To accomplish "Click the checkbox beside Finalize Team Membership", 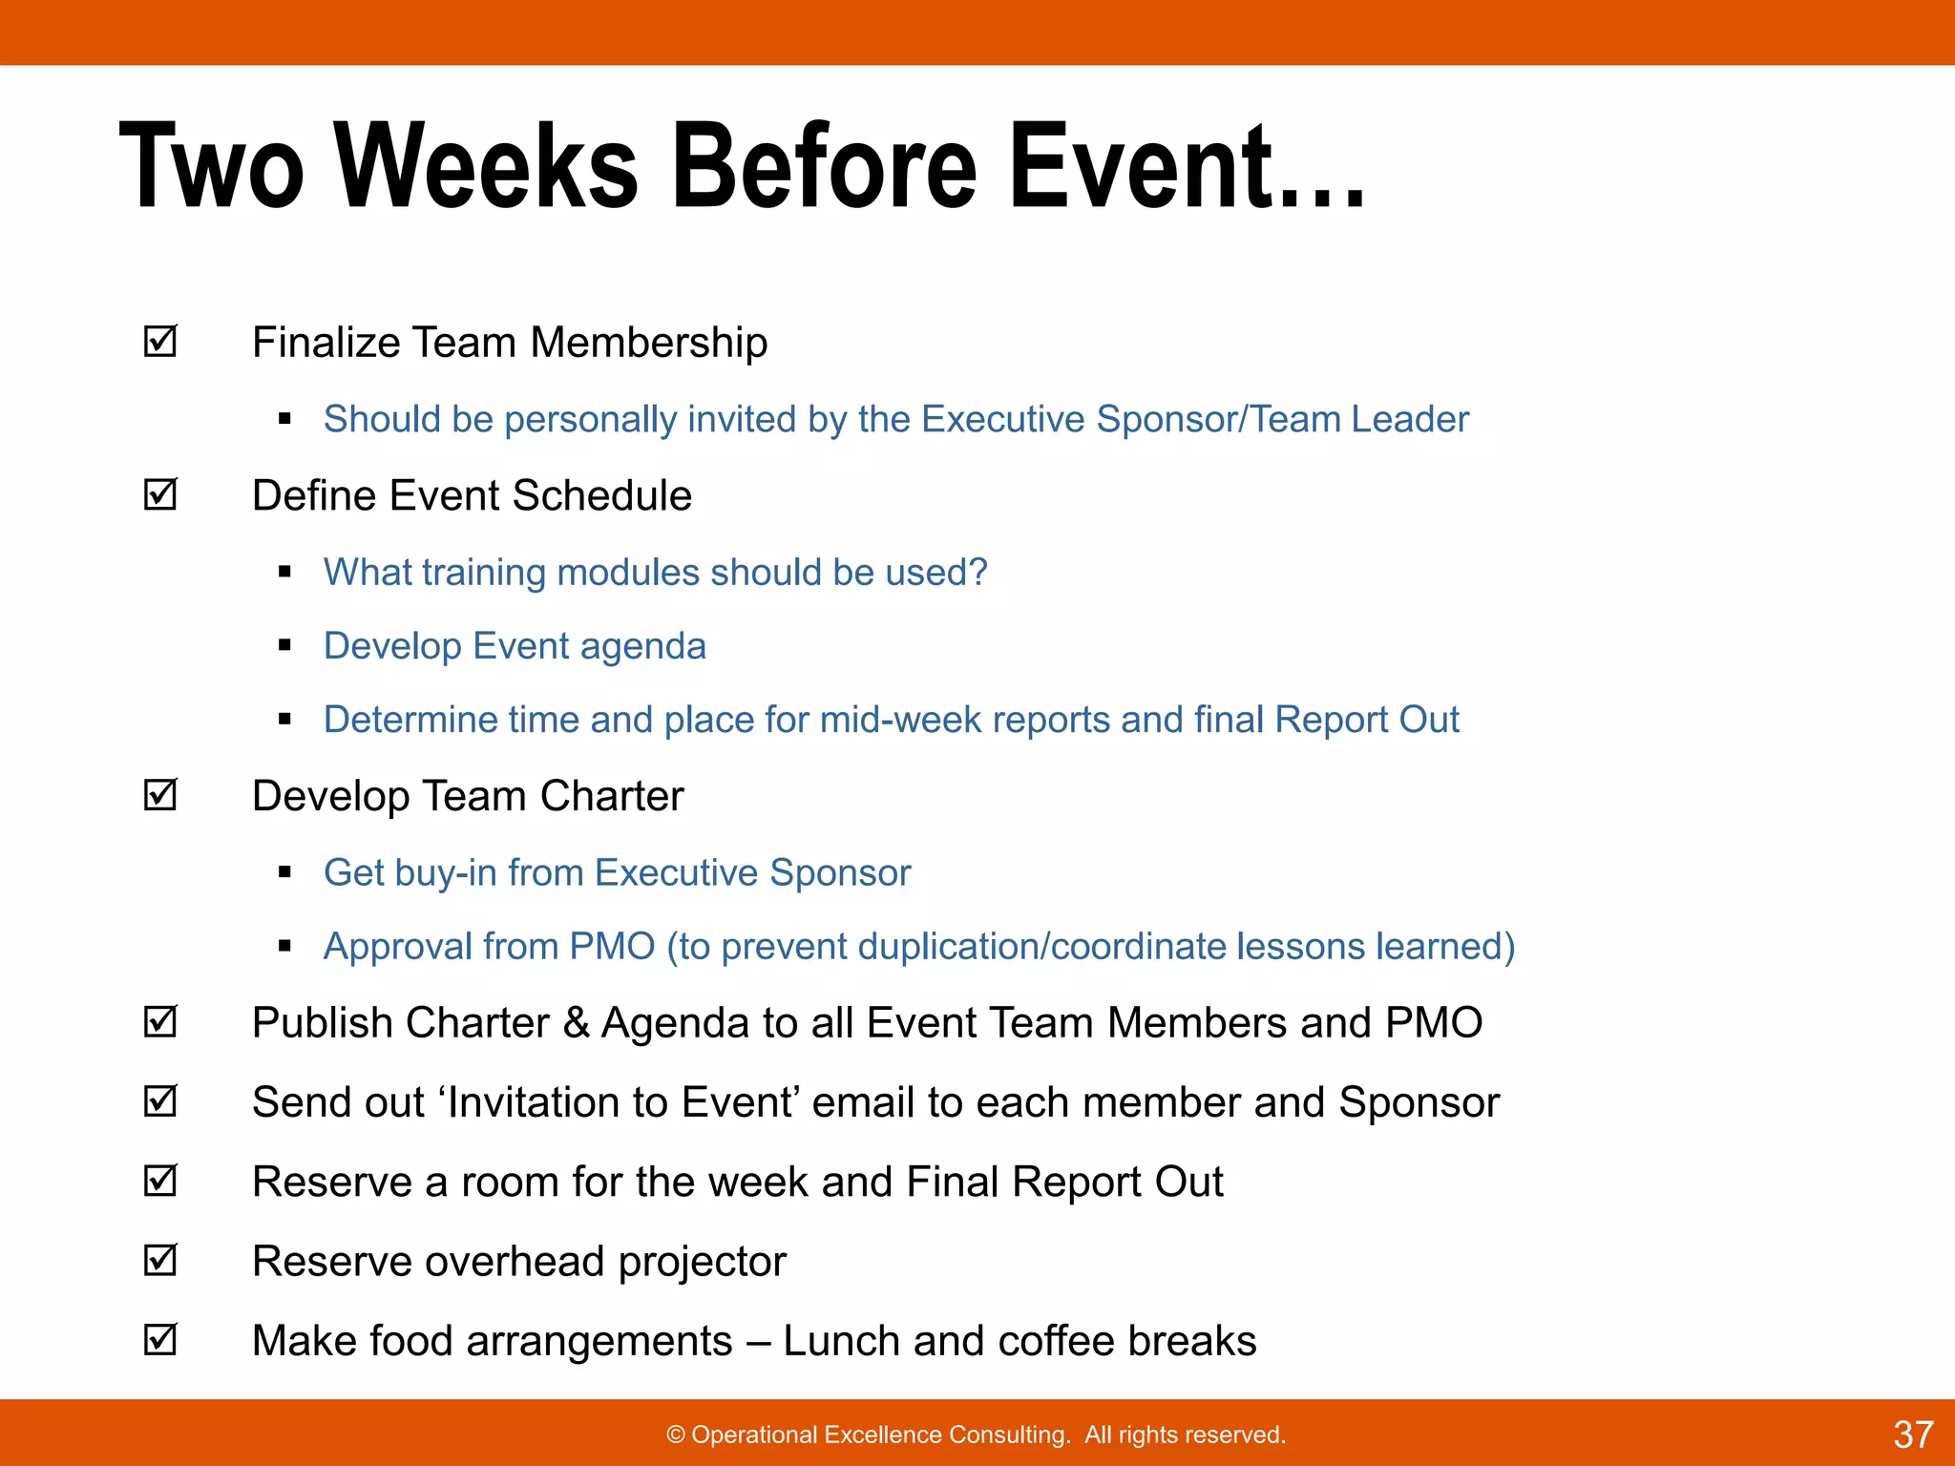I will tap(160, 342).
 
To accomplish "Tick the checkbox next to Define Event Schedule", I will tap(160, 494).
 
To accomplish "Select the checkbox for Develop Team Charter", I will tap(160, 795).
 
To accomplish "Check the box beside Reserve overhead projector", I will tap(160, 1261).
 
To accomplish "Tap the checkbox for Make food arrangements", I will tap(160, 1340).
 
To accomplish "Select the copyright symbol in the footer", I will tap(676, 1435).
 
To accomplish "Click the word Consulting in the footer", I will tap(1012, 1435).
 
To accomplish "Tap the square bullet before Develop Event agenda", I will tap(284, 646).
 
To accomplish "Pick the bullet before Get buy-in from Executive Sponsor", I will tap(284, 872).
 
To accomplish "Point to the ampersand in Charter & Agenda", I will tap(576, 1023).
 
